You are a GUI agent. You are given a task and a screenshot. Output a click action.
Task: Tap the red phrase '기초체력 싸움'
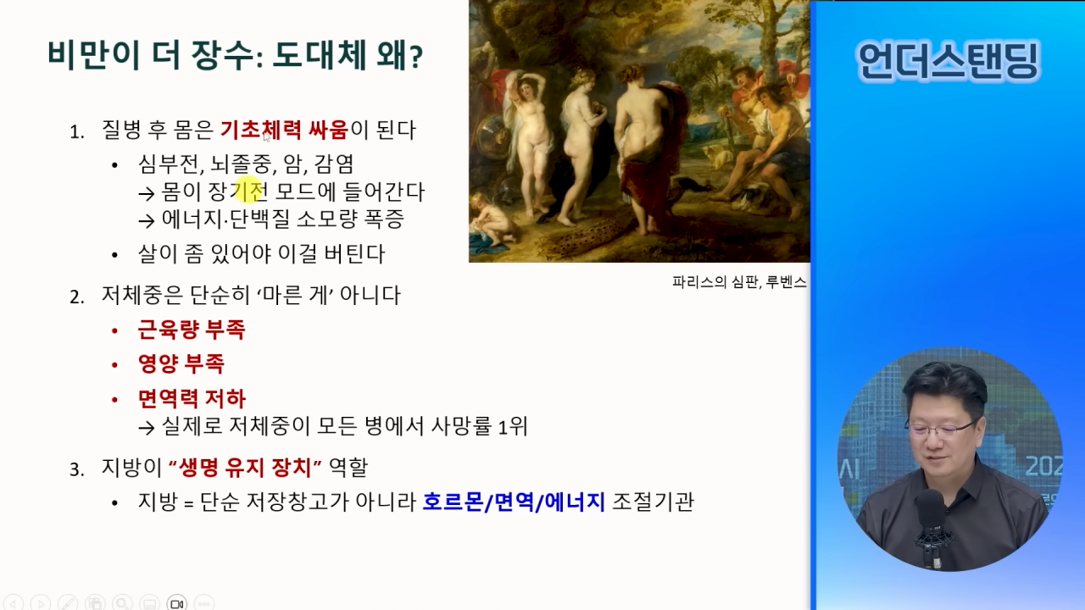pyautogui.click(x=283, y=130)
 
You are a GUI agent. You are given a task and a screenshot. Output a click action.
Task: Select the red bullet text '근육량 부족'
pyautogui.click(x=192, y=330)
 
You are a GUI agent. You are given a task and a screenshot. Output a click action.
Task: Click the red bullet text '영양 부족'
pyautogui.click(x=181, y=364)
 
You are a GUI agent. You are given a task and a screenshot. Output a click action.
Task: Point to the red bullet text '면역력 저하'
pyautogui.click(x=192, y=399)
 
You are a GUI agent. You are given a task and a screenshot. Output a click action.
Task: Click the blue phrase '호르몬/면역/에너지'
pyautogui.click(x=514, y=502)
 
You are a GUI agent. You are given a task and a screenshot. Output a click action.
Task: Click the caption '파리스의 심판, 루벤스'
pyautogui.click(x=737, y=283)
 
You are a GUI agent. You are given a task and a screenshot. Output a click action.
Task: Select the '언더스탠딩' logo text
pyautogui.click(x=947, y=61)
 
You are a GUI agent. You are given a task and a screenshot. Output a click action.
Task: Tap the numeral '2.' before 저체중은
pyautogui.click(x=77, y=297)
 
